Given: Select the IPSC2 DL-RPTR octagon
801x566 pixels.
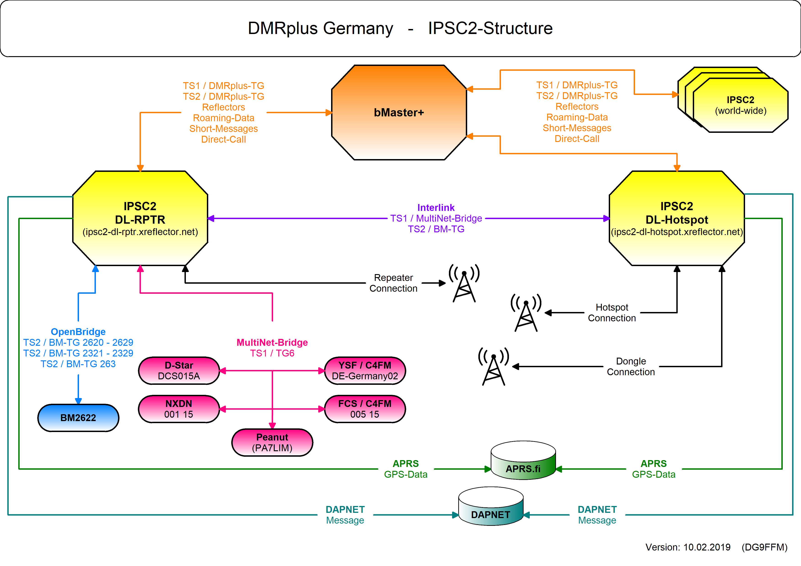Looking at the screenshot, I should point(140,218).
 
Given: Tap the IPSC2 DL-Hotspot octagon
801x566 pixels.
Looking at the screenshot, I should point(677,218).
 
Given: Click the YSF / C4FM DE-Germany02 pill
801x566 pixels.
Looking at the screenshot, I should point(365,370).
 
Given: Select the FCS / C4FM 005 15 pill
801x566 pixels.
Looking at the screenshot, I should point(365,409).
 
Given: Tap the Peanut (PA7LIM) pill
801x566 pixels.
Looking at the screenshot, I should point(272,442).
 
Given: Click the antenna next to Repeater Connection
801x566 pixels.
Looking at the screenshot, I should point(464,284).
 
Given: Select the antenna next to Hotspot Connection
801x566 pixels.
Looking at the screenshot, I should point(526,314).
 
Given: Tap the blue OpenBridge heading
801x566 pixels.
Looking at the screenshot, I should point(78,332).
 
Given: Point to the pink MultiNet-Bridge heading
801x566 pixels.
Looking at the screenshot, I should point(272,343).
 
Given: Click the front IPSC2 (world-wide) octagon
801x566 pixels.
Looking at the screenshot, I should point(741,105).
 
